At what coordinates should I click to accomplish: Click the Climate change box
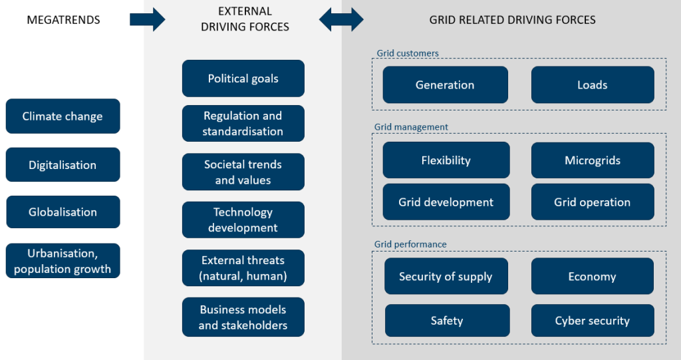pos(63,116)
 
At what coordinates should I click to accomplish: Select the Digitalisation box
pos(63,165)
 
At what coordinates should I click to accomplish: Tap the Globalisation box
pos(63,212)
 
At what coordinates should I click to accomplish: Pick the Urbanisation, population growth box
pos(63,261)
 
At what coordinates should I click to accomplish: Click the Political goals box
pos(243,79)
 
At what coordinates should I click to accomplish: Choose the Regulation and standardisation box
pos(243,124)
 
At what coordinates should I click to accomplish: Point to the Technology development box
pos(243,220)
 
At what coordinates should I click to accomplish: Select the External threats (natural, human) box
pos(243,268)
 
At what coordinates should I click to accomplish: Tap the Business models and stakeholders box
pos(243,317)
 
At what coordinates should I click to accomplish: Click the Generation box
pos(445,85)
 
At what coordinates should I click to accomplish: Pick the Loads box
pos(592,85)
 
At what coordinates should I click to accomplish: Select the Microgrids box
pos(592,160)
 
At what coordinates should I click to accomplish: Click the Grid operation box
pos(592,202)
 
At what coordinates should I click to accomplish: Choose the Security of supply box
pos(446,277)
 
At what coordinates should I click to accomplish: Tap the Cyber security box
pos(592,321)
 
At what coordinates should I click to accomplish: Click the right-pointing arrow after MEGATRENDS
pos(147,19)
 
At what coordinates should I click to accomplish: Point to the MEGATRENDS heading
pos(63,20)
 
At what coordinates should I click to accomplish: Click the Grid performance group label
pos(410,244)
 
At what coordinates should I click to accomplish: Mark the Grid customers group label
pos(407,53)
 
